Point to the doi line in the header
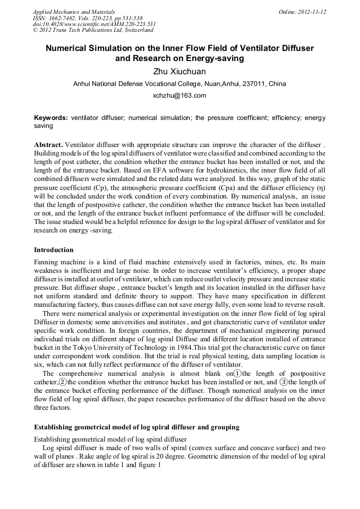coord(94,24)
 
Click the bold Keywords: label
coord(51,118)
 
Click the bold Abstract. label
coord(48,145)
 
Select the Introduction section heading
coord(54,249)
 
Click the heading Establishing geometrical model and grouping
coord(136,427)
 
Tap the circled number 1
coord(238,373)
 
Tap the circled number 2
coord(63,382)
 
